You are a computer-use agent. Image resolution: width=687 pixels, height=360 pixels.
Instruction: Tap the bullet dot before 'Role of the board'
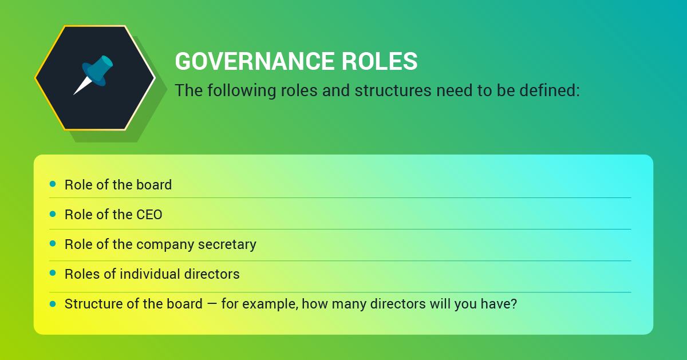tap(53, 184)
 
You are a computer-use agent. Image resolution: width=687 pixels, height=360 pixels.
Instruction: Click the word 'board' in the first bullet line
tap(154, 185)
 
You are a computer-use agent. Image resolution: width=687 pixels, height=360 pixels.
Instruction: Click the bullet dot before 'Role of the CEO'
tap(53, 214)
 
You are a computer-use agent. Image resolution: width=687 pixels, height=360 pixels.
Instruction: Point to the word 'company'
tap(165, 245)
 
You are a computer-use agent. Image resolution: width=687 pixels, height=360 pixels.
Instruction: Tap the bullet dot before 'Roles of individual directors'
tap(53, 274)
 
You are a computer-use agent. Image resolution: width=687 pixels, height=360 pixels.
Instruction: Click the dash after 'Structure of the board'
tap(212, 304)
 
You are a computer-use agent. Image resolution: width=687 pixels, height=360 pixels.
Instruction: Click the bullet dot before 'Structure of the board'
tap(53, 303)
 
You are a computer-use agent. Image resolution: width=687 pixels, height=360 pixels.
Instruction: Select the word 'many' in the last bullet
tap(345, 304)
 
